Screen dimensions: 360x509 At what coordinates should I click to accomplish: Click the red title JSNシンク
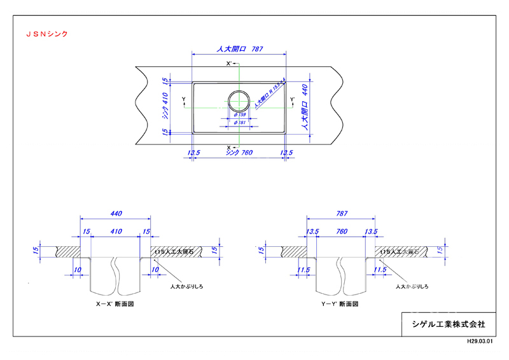[x=46, y=33]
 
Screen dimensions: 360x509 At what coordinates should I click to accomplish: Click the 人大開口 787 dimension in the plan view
[x=239, y=48]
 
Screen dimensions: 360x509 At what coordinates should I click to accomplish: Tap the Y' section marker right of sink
[x=292, y=100]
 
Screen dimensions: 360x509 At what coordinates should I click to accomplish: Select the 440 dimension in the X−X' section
[x=116, y=214]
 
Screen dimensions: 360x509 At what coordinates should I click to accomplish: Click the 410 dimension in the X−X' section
[x=116, y=232]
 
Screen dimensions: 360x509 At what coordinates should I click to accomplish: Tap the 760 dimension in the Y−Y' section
[x=342, y=232]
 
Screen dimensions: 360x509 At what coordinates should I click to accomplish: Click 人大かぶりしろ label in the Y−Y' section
[x=411, y=287]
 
